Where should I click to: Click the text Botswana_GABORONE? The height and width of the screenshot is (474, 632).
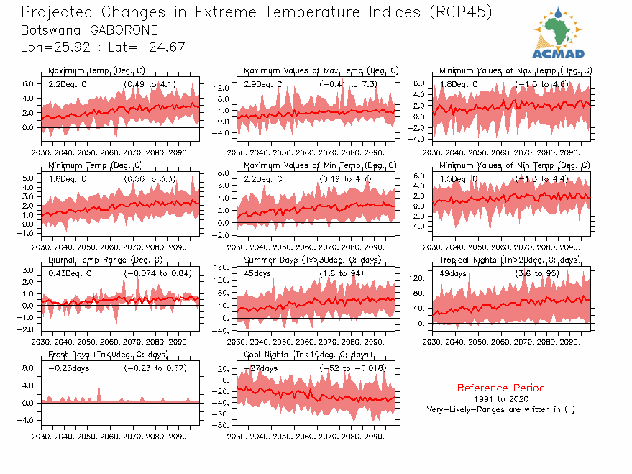point(90,30)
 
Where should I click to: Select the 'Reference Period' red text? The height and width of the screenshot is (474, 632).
point(500,388)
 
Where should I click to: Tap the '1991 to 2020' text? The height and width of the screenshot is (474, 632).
point(501,398)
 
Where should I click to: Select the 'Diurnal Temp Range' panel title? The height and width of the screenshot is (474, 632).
point(105,260)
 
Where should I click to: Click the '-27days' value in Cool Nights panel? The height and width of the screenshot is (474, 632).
point(261,368)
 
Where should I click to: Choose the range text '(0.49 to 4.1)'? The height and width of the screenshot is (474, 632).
point(150,84)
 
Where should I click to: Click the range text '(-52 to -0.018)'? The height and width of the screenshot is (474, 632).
point(352,368)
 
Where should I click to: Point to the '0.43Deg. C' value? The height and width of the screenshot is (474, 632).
point(70,273)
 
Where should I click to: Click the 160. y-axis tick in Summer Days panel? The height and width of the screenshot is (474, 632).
point(222,268)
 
